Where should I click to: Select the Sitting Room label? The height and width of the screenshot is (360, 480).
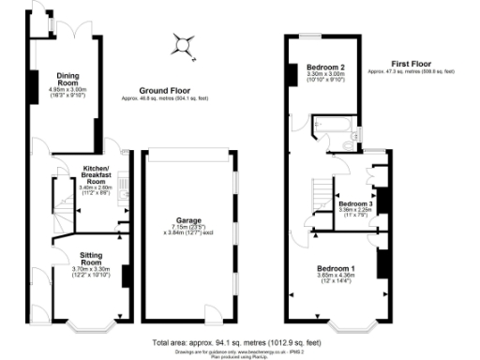tap(91, 255)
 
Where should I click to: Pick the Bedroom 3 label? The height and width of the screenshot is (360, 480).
tap(355, 203)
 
